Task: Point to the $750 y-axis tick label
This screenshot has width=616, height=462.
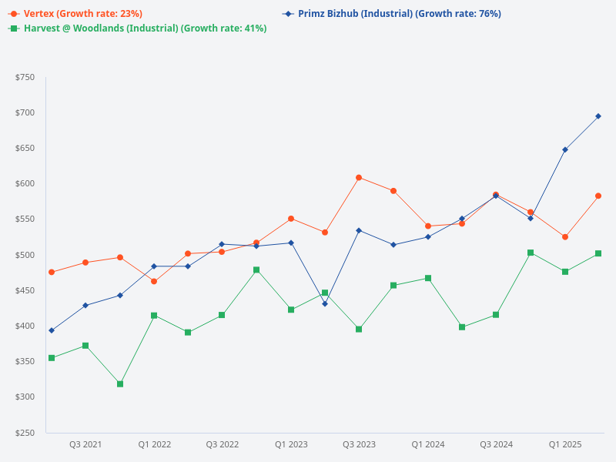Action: [25, 77]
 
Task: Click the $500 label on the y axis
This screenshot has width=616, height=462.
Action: [25, 255]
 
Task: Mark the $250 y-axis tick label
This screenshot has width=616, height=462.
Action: [25, 433]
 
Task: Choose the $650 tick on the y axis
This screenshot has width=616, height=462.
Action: [25, 149]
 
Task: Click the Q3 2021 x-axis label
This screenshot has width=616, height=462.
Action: [85, 445]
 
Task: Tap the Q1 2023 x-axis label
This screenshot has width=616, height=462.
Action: [291, 445]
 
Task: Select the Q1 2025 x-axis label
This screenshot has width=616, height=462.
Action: [565, 445]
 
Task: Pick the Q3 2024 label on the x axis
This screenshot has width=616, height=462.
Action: [496, 445]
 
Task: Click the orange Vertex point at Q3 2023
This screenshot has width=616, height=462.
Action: [359, 178]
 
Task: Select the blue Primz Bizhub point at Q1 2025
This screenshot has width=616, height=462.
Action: [565, 149]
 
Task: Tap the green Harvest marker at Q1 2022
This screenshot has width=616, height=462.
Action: [154, 316]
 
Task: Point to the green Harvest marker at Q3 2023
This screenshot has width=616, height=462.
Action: [359, 330]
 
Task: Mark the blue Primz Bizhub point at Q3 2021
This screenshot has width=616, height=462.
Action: [85, 306]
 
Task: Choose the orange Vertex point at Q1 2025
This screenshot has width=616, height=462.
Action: [565, 237]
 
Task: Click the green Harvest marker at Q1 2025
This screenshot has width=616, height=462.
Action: [565, 272]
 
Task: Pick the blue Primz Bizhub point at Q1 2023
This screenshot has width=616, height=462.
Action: [291, 243]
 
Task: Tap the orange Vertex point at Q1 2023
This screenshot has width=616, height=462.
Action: [291, 219]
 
